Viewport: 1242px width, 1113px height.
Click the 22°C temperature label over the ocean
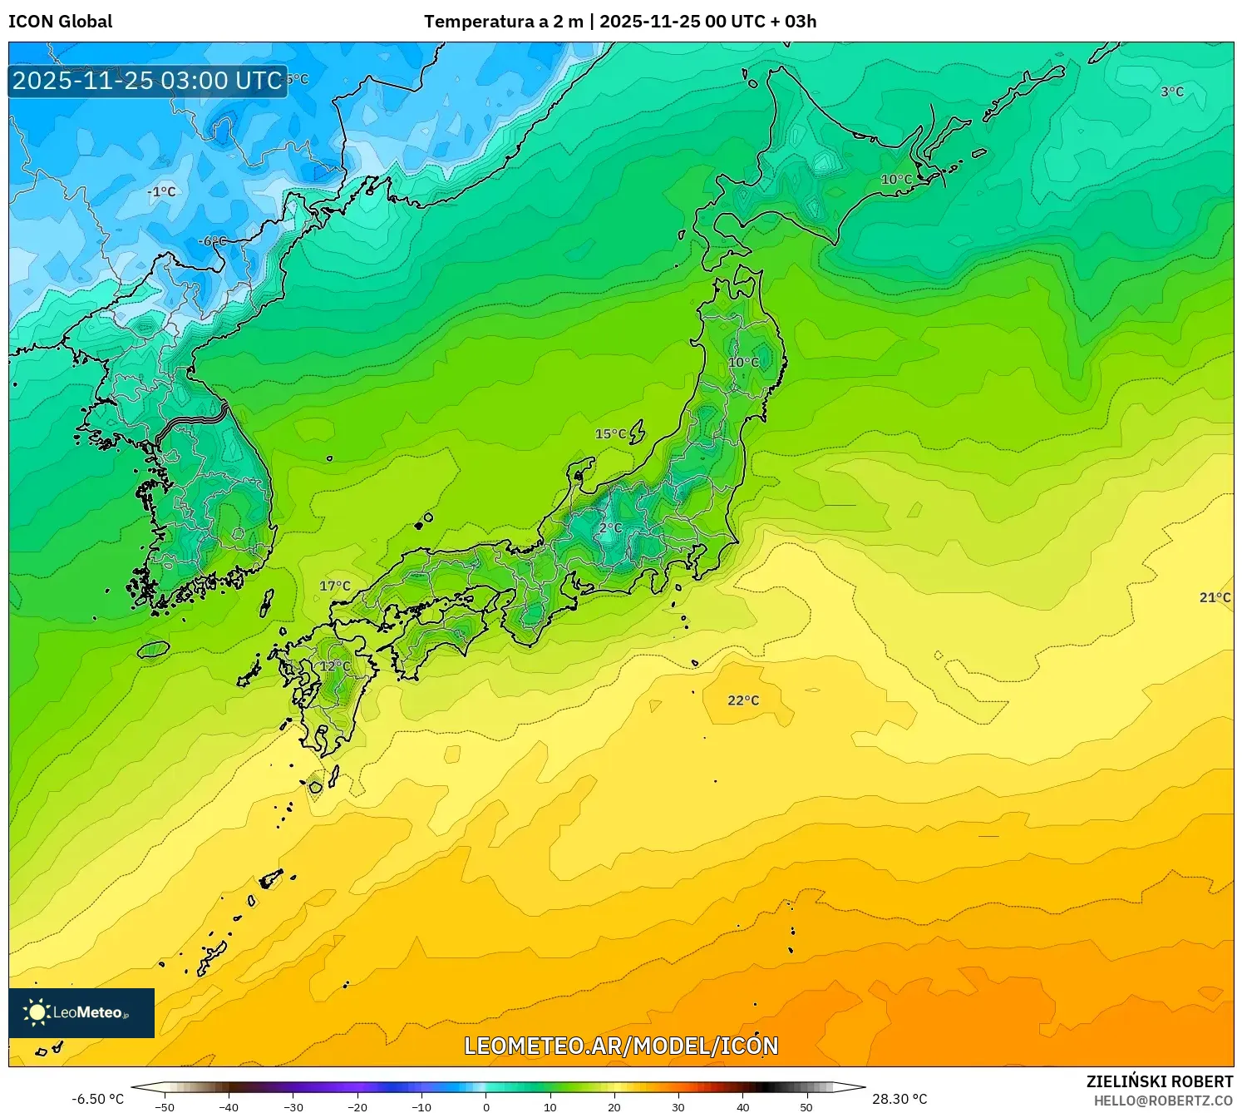(x=743, y=700)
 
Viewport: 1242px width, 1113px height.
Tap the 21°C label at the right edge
(x=1215, y=597)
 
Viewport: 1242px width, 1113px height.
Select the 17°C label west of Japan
(x=335, y=586)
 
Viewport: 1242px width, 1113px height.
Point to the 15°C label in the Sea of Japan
(x=610, y=433)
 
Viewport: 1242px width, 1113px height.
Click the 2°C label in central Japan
(x=610, y=527)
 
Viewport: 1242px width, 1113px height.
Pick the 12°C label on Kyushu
(x=335, y=666)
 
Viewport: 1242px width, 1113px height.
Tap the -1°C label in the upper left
(x=161, y=191)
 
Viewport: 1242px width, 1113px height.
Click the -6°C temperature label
(x=212, y=241)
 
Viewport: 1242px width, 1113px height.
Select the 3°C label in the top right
(x=1172, y=92)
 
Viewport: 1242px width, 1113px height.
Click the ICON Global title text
(x=60, y=22)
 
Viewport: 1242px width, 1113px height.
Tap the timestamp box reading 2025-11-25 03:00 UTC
(x=147, y=81)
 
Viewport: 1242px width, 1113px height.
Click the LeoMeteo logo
(x=81, y=1012)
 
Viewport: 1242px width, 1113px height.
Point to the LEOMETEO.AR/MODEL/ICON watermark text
(x=621, y=1046)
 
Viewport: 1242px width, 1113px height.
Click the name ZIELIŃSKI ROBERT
(x=1160, y=1081)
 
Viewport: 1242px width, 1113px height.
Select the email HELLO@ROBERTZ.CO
(x=1163, y=1101)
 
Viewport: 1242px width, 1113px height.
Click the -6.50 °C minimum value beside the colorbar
(x=97, y=1099)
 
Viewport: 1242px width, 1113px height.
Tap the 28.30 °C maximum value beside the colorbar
(x=899, y=1099)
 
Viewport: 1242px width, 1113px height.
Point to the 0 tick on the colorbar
(x=486, y=1107)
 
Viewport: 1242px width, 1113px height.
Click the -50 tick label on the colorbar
(x=165, y=1107)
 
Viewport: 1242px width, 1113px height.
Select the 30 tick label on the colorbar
(x=678, y=1107)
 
